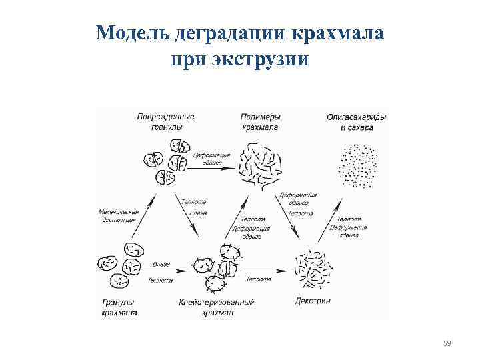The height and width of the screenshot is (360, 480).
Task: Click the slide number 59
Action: pos(447,343)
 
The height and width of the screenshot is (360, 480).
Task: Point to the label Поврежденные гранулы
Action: pos(165,121)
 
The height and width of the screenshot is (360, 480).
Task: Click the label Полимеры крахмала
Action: pos(260,121)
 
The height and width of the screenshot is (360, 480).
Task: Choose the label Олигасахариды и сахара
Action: pos(356,121)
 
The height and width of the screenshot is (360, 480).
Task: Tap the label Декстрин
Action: pos(312,301)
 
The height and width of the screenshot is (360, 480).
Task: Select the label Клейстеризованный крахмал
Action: pos(217,307)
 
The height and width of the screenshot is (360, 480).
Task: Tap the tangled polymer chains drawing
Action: pos(260,167)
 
